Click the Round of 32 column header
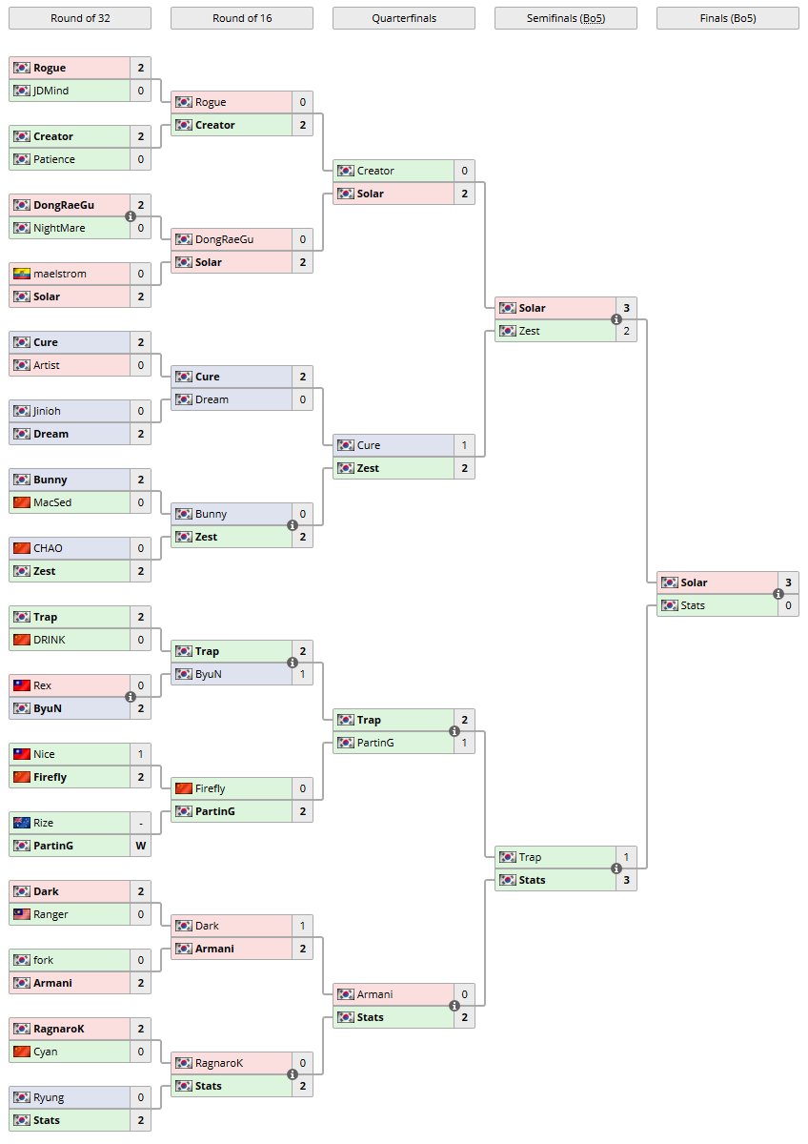79,17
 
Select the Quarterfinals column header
403,17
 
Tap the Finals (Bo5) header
727,17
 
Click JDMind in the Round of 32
50,91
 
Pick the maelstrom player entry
59,274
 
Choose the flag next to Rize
22,823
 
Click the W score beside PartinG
140,846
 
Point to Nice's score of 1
140,754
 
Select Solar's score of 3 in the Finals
788,582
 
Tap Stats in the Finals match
693,605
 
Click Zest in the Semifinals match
530,331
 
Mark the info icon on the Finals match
778,594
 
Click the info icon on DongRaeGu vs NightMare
131,216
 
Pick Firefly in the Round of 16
210,788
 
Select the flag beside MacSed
22,502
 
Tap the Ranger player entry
50,914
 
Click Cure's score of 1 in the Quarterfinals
464,445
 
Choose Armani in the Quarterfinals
374,994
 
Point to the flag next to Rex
22,685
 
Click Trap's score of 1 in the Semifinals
626,857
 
